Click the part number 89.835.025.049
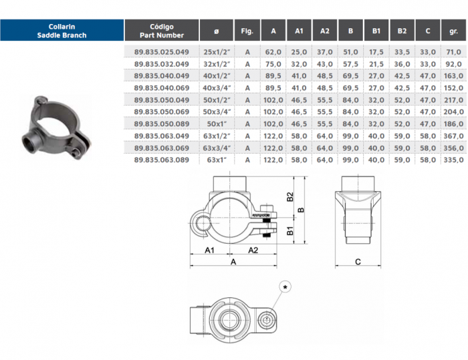coord(162,52)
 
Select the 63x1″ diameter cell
coord(217,160)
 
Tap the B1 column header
coord(376,31)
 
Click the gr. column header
coord(453,31)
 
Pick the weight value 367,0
coord(454,136)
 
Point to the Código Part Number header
coord(162,31)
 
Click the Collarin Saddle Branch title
coord(62,31)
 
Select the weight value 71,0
coord(454,52)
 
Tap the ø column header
coord(217,31)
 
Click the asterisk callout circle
coord(285,287)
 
